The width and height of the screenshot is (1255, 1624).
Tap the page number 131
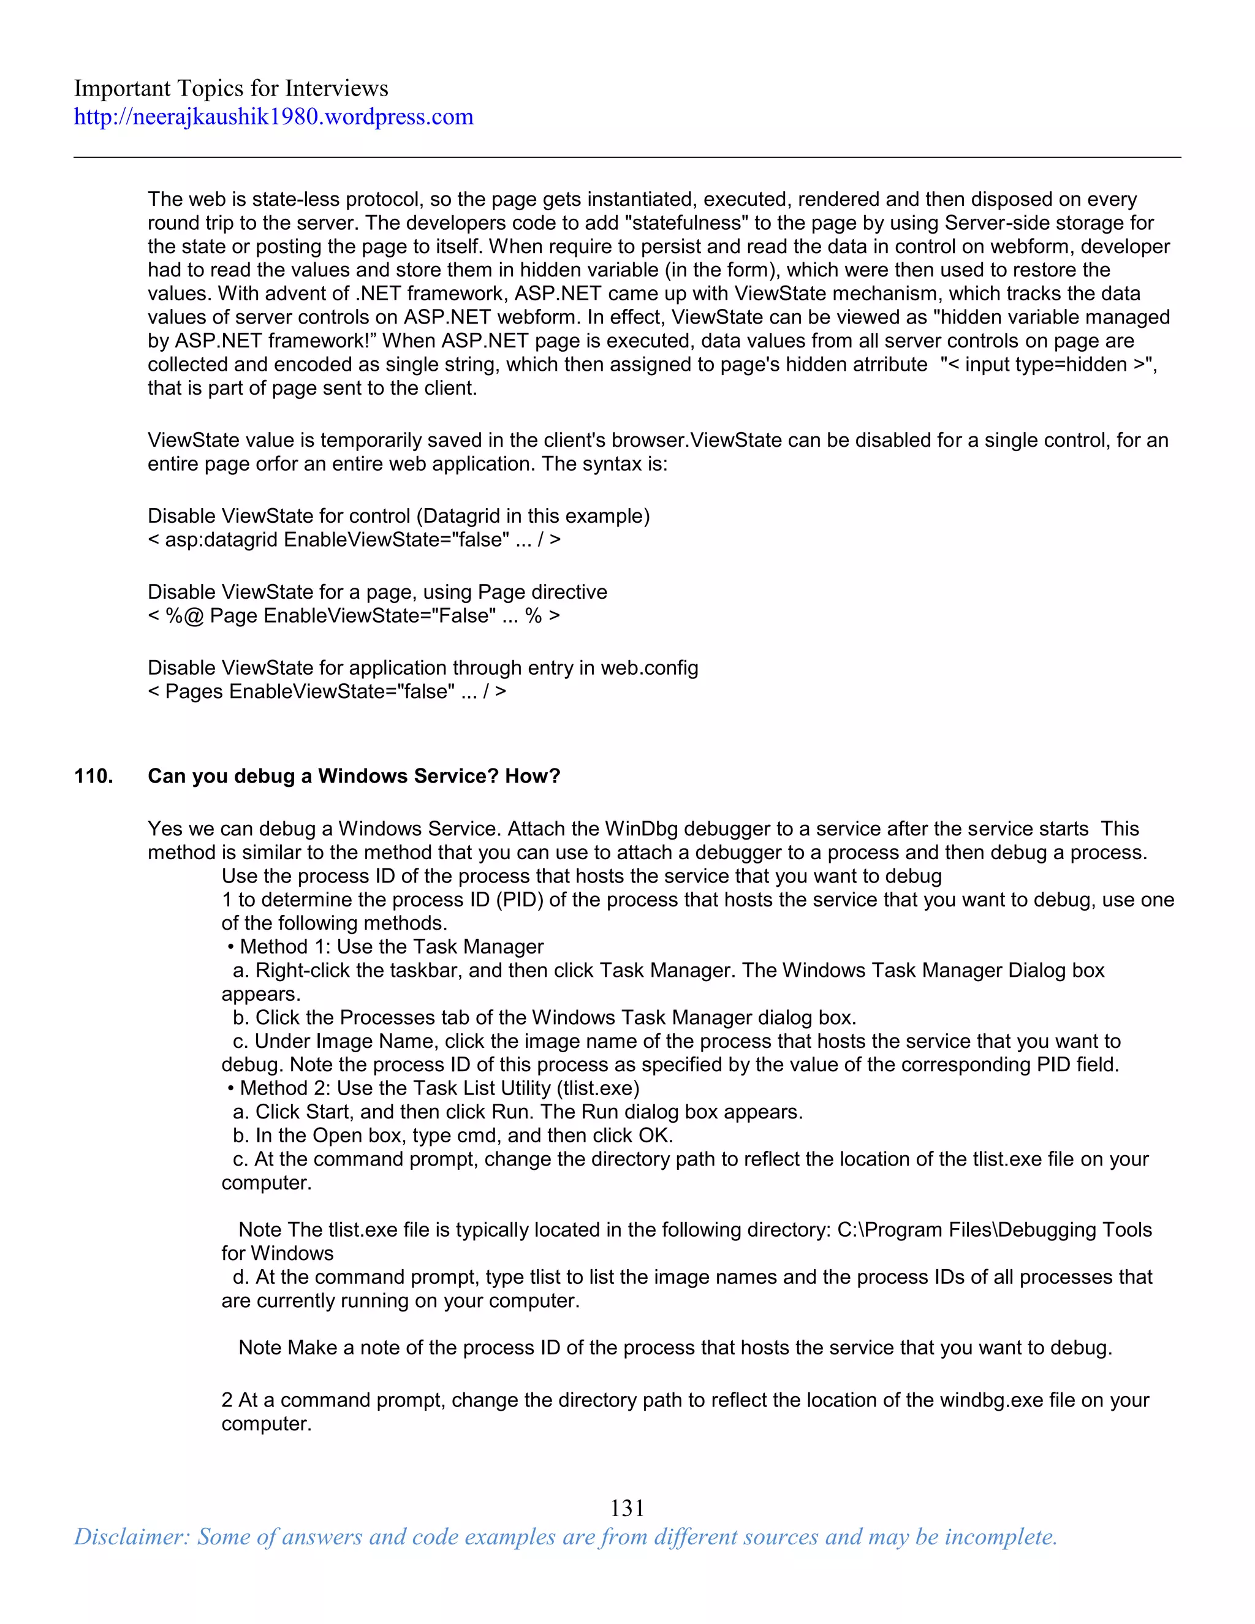tap(627, 1508)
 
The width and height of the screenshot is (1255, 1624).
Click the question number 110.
tap(93, 776)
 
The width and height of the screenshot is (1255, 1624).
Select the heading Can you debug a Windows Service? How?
tap(354, 776)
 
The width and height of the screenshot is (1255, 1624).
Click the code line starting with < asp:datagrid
tap(354, 540)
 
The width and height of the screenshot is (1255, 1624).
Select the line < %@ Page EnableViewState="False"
tap(354, 616)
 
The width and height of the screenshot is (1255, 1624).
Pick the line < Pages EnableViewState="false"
tap(327, 691)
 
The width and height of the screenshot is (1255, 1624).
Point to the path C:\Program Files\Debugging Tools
tap(994, 1230)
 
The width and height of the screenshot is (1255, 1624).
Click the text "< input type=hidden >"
tap(1047, 365)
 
